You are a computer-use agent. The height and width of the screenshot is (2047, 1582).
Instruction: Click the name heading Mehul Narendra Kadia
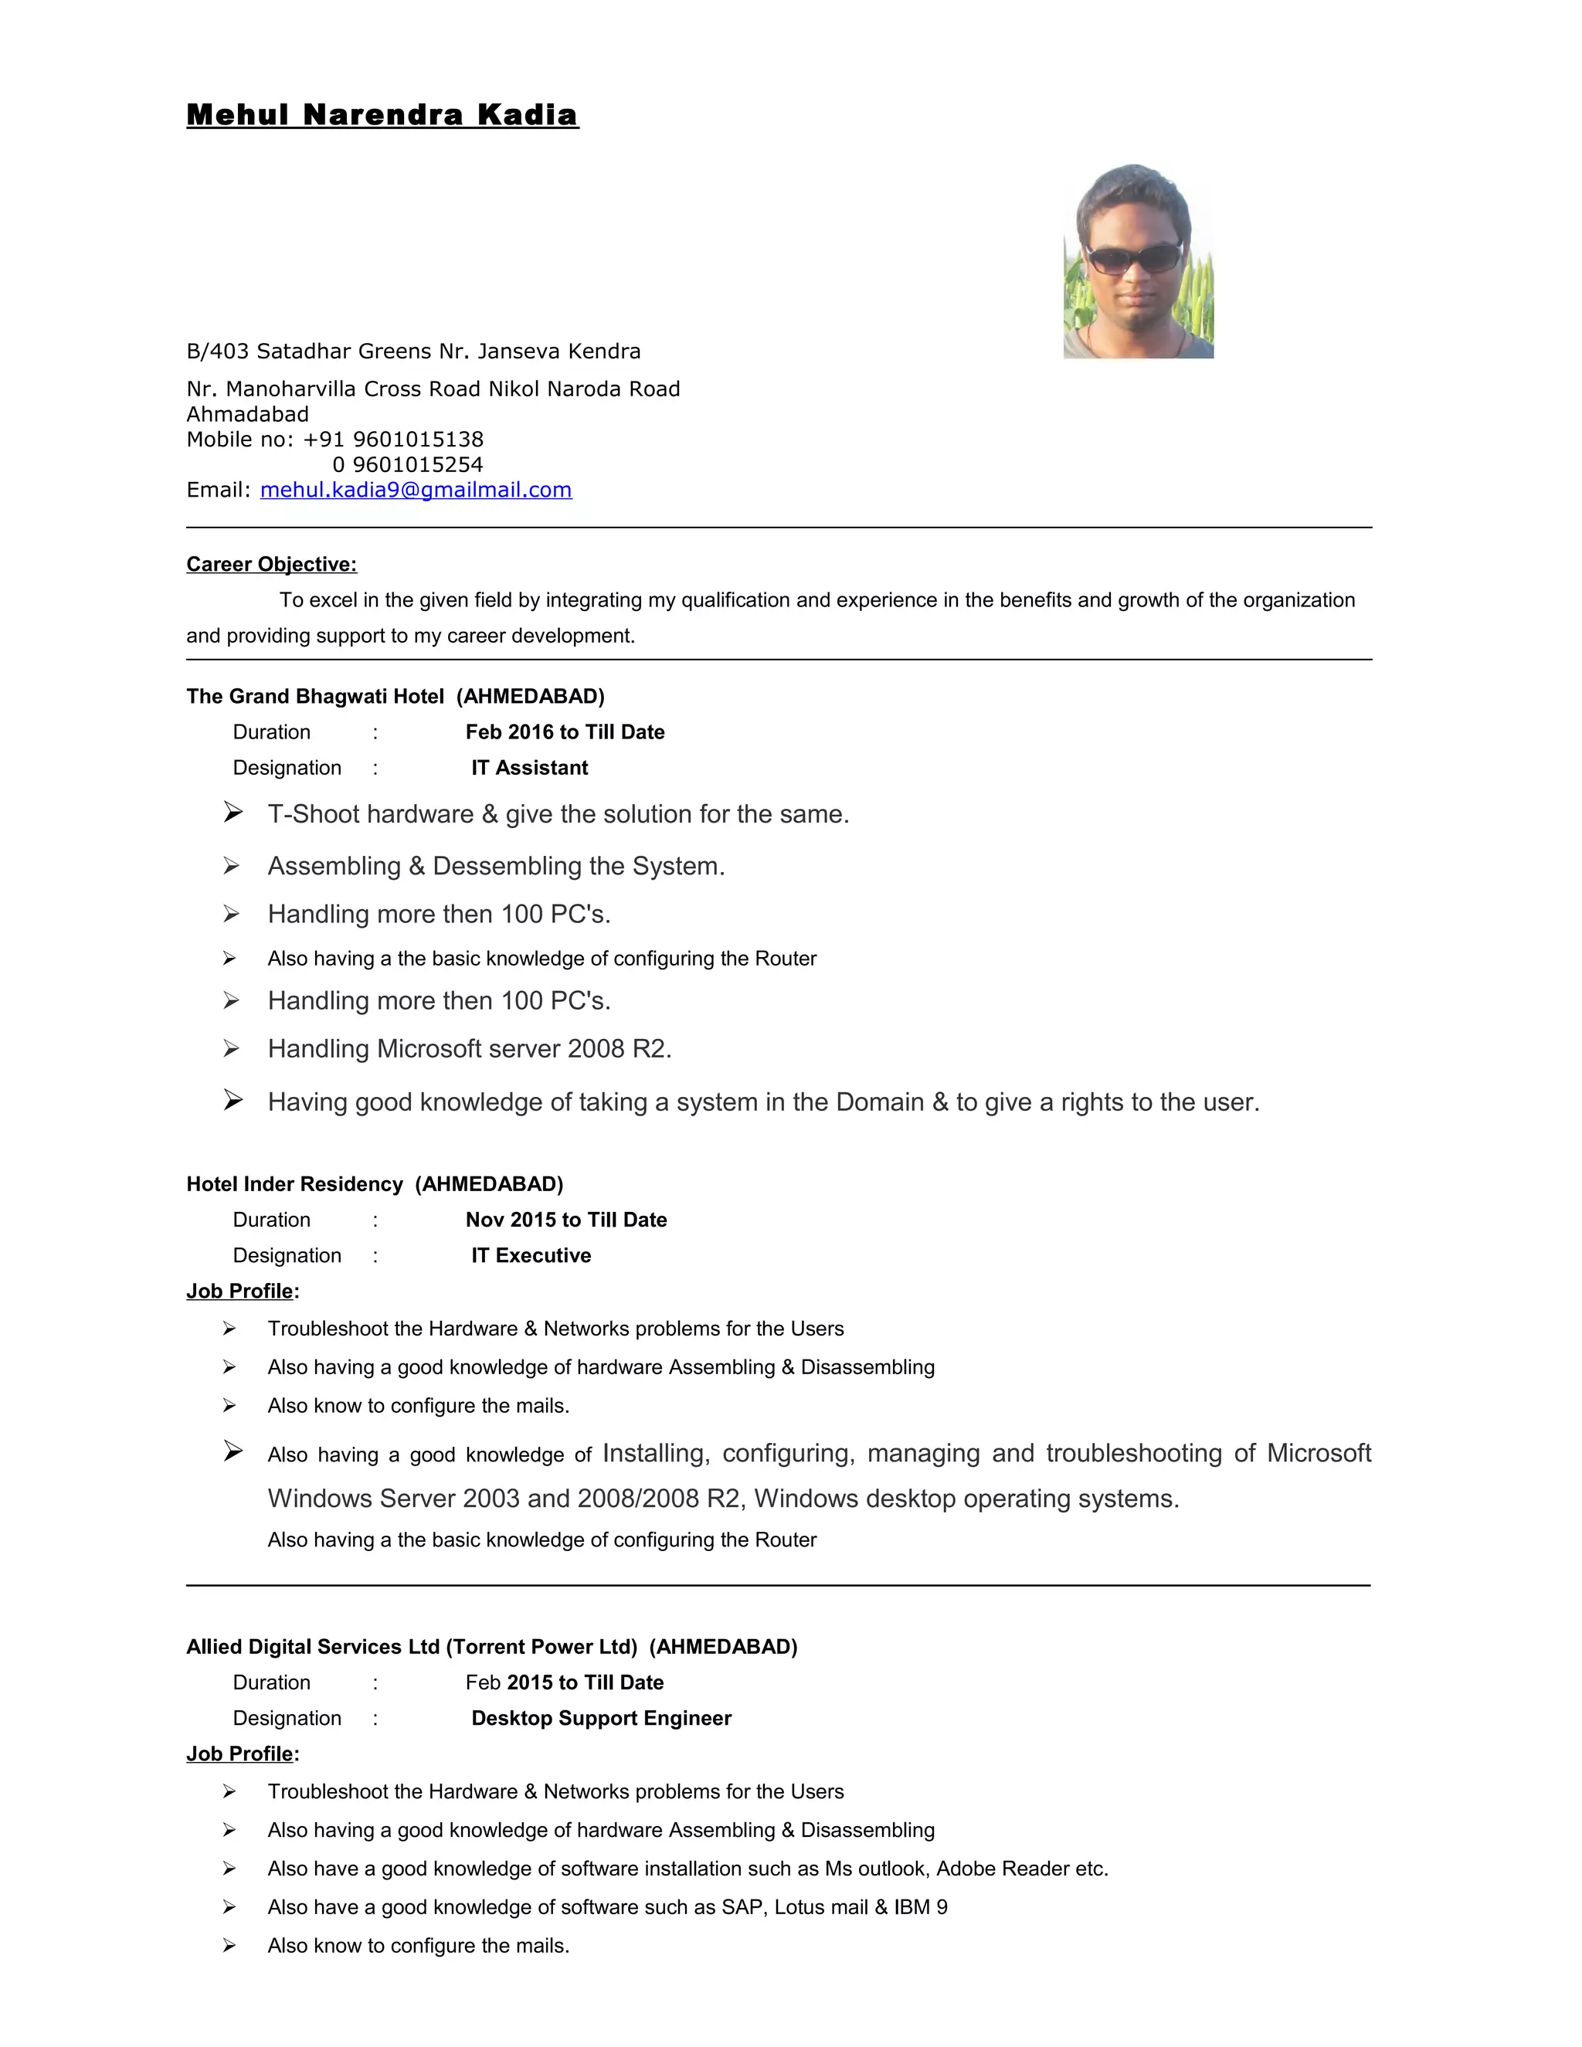[x=382, y=114]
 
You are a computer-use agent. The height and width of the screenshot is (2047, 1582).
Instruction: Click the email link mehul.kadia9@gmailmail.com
[x=415, y=491]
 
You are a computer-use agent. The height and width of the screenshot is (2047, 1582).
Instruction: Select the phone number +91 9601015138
[x=392, y=440]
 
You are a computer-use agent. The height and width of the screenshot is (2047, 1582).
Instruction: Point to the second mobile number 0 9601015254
[x=408, y=465]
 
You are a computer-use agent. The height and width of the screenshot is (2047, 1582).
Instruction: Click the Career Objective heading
[x=271, y=564]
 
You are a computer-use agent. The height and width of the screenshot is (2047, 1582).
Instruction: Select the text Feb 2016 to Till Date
[x=565, y=732]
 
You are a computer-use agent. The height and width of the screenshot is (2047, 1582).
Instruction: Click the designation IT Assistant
[x=529, y=768]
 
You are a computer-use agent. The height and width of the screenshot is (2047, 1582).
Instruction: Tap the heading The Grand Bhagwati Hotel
[x=315, y=697]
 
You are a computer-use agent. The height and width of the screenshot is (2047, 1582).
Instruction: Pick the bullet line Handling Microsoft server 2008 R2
[x=470, y=1049]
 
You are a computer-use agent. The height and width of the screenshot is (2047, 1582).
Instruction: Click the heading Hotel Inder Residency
[x=294, y=1183]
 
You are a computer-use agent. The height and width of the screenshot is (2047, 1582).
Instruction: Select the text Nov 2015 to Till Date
[x=566, y=1220]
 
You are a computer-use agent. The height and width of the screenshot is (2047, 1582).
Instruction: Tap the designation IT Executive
[x=531, y=1255]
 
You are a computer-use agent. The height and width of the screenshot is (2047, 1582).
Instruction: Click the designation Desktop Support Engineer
[x=601, y=1718]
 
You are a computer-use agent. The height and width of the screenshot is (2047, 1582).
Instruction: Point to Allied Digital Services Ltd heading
[x=314, y=1647]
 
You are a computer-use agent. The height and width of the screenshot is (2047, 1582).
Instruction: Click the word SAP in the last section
[x=742, y=1907]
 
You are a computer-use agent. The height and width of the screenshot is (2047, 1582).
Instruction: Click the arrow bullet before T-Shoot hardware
[x=233, y=812]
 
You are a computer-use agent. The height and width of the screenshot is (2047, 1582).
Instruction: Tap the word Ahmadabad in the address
[x=247, y=414]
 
